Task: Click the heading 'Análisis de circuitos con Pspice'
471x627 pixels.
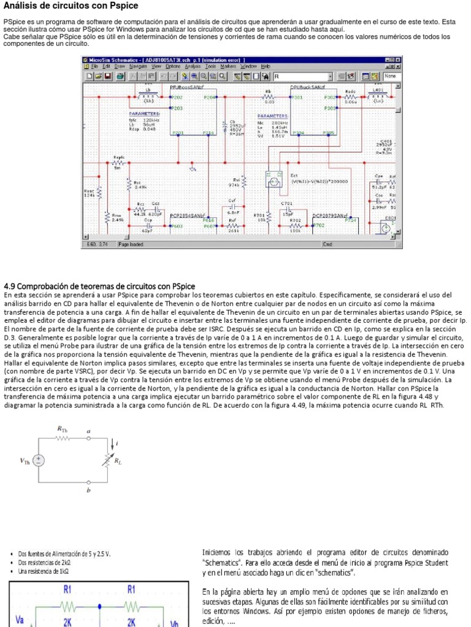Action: [71, 6]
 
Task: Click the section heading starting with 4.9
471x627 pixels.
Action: [99, 286]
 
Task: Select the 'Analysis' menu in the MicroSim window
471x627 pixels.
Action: [192, 66]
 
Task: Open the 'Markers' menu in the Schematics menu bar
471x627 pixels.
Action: [228, 66]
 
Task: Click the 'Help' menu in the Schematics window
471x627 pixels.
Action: [265, 66]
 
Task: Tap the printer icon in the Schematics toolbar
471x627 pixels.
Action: [120, 77]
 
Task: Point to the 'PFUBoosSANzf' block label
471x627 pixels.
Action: [187, 88]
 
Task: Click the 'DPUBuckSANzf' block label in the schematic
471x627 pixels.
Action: [307, 88]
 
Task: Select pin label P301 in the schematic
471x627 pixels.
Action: [297, 97]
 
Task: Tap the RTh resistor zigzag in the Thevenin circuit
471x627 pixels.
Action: [63, 438]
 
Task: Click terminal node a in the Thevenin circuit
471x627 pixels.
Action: [89, 438]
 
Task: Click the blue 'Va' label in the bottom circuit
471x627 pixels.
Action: [20, 620]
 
